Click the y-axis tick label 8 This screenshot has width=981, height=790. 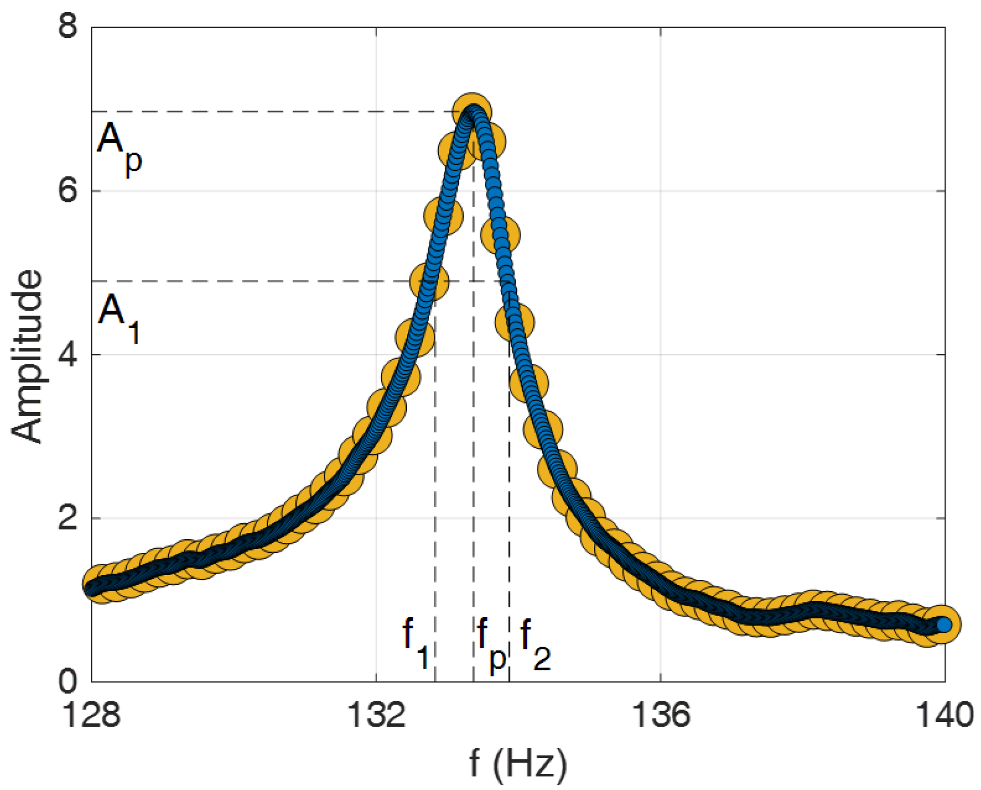coord(68,25)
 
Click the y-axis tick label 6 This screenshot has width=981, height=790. coord(68,191)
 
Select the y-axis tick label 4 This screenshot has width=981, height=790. coord(68,355)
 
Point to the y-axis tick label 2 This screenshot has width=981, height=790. coord(68,518)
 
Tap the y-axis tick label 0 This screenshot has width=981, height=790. coord(68,682)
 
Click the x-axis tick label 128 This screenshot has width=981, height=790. coord(91,715)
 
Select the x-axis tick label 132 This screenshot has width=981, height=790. coord(376,715)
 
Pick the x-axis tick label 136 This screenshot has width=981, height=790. coord(660,715)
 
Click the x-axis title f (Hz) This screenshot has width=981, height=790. coord(518,764)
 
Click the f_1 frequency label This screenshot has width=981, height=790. coord(416,644)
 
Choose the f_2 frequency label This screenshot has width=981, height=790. coord(535,644)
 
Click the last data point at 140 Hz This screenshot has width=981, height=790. coord(943,624)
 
